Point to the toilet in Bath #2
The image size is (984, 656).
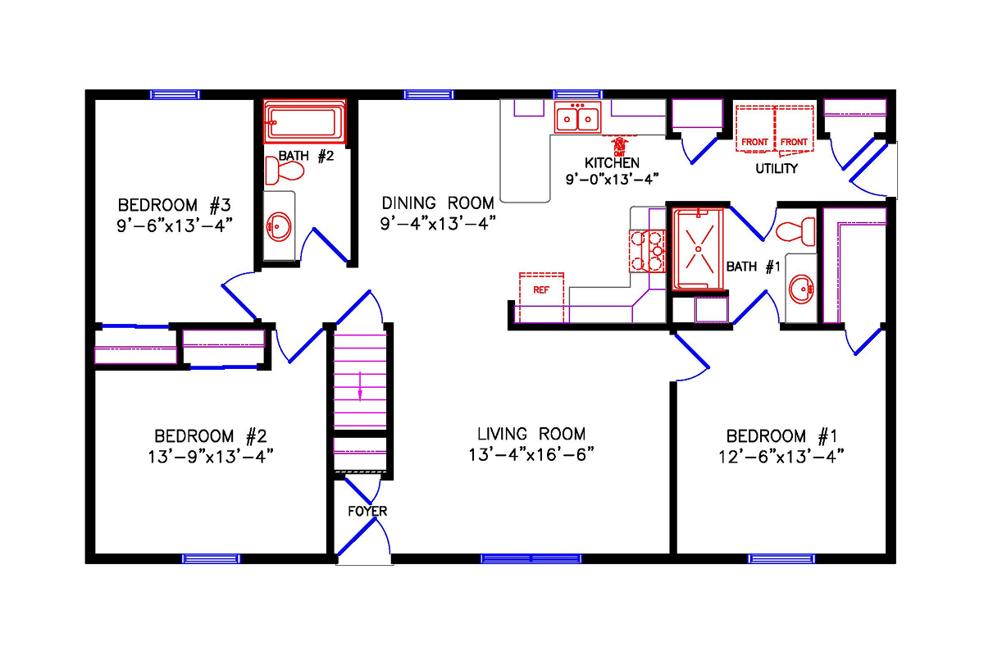(x=285, y=171)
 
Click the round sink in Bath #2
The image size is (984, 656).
(x=280, y=225)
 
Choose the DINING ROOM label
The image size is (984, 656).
(x=437, y=203)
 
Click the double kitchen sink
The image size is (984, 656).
(x=578, y=118)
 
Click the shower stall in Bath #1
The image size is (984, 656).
(x=699, y=248)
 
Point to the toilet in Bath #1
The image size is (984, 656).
(x=795, y=230)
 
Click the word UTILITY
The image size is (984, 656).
(x=776, y=169)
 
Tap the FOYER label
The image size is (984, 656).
(x=367, y=511)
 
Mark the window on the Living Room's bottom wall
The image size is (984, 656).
(x=531, y=558)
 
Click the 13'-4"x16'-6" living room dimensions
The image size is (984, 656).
(x=531, y=455)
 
